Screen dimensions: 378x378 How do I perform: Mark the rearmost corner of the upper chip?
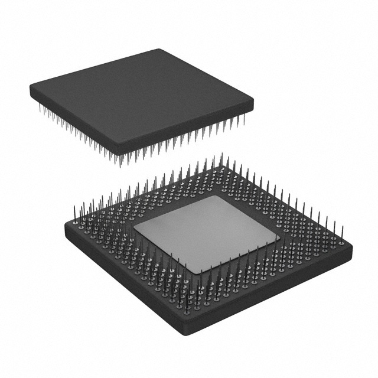coord(161,50)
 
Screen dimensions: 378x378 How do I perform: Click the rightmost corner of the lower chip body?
coord(352,247)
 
